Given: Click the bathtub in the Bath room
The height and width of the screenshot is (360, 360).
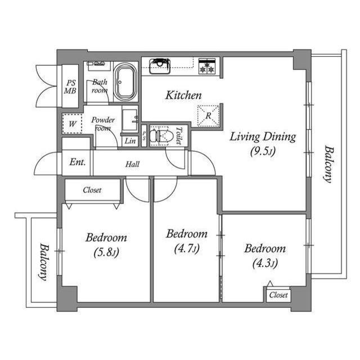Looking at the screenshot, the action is (x=125, y=82).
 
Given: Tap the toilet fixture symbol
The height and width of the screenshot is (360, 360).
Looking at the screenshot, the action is (x=159, y=136).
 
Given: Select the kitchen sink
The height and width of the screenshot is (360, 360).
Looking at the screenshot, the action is (x=160, y=66).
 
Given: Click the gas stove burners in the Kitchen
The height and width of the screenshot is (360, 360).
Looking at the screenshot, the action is (x=207, y=66).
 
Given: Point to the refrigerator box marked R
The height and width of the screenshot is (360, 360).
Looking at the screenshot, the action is (x=208, y=116).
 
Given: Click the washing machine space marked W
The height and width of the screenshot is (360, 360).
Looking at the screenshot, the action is (x=73, y=124).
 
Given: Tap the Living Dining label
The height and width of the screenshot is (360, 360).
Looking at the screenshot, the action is (x=263, y=137).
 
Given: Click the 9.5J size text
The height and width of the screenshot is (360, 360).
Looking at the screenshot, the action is (x=263, y=151).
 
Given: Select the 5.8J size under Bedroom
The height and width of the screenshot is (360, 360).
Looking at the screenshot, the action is (x=106, y=253).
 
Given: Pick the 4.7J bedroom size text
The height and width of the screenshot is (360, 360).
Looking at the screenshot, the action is (x=187, y=249).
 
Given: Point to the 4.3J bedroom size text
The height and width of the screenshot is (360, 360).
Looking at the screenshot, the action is (x=265, y=263).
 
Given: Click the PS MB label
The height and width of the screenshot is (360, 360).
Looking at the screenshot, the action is (x=70, y=87).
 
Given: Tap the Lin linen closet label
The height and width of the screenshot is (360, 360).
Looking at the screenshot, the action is (x=130, y=141).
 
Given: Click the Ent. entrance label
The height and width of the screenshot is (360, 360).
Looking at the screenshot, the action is (x=78, y=163).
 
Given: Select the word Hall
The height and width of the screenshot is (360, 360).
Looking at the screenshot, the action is (x=133, y=164).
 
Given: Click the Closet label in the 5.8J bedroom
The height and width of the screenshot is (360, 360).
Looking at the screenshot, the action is (x=92, y=190).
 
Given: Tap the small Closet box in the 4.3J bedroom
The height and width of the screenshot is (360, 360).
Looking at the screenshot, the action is (x=278, y=294).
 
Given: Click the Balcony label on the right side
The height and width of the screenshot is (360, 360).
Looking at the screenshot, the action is (x=328, y=164).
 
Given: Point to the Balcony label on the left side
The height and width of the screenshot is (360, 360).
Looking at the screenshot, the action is (x=44, y=262).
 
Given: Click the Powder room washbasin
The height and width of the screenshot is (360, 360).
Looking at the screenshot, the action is (x=130, y=120).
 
